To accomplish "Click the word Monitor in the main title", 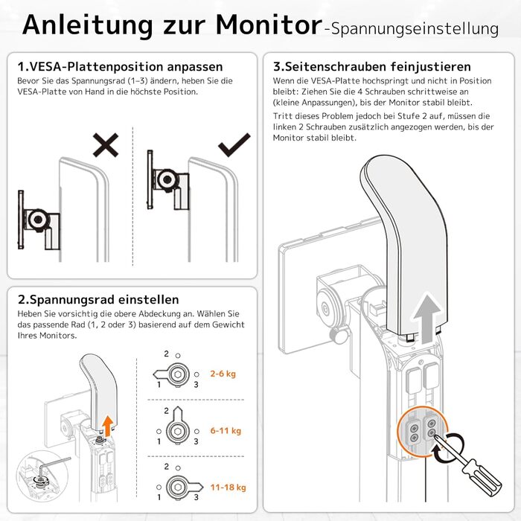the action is pos(269,25).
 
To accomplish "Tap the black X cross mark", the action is pos(106,145).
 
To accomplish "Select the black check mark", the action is pos(234,144).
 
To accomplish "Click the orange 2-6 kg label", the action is pos(223,374).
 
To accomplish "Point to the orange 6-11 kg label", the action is pos(226,431).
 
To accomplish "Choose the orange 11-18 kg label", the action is pos(228,488).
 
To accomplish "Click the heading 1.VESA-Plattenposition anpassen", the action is pos(120,67).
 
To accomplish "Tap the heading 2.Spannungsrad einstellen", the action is pos(98,300).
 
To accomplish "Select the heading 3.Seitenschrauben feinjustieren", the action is pos(372,67).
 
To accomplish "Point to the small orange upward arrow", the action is pos(107,426).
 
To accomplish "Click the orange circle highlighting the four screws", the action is pos(423,431).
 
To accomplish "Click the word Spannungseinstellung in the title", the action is pos(415,29).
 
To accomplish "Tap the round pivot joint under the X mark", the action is pos(38,220).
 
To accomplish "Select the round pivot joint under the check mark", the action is pos(167,180).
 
